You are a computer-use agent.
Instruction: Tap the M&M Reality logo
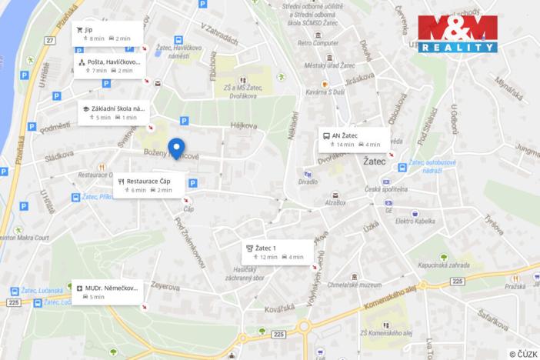[x=458, y=34]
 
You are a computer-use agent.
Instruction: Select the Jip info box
[x=103, y=33]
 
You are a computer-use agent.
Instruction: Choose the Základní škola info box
[x=112, y=112]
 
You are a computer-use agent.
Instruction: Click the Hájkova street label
[x=242, y=125]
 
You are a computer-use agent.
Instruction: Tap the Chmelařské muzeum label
[x=355, y=284]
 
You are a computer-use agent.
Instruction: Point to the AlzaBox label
[x=335, y=203]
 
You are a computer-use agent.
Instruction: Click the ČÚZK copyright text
[x=523, y=353]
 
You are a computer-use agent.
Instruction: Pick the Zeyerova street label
[x=165, y=286]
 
